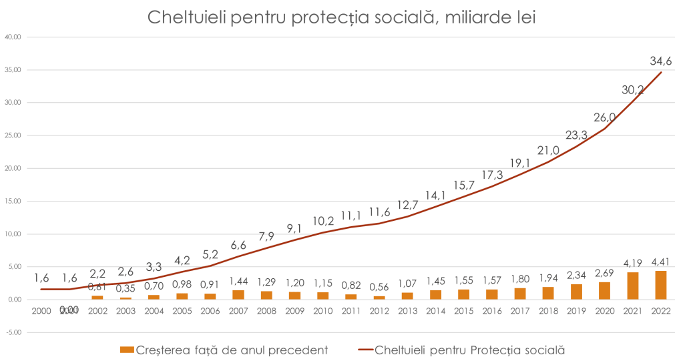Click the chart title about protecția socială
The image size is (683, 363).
point(341,18)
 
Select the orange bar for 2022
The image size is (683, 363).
point(660,284)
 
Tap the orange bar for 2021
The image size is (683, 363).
point(632,285)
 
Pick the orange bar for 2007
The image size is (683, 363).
point(238,294)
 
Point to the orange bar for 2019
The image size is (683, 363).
point(576,291)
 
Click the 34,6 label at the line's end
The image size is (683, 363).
point(660,61)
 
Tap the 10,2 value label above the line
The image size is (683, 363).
point(322,220)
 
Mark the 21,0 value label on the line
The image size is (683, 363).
point(547,150)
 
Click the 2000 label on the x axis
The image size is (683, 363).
point(69,309)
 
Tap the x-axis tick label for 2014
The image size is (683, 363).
point(435,310)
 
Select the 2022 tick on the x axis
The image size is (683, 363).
point(660,310)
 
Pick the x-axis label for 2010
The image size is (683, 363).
point(322,310)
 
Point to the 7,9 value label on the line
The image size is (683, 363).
point(266,236)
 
